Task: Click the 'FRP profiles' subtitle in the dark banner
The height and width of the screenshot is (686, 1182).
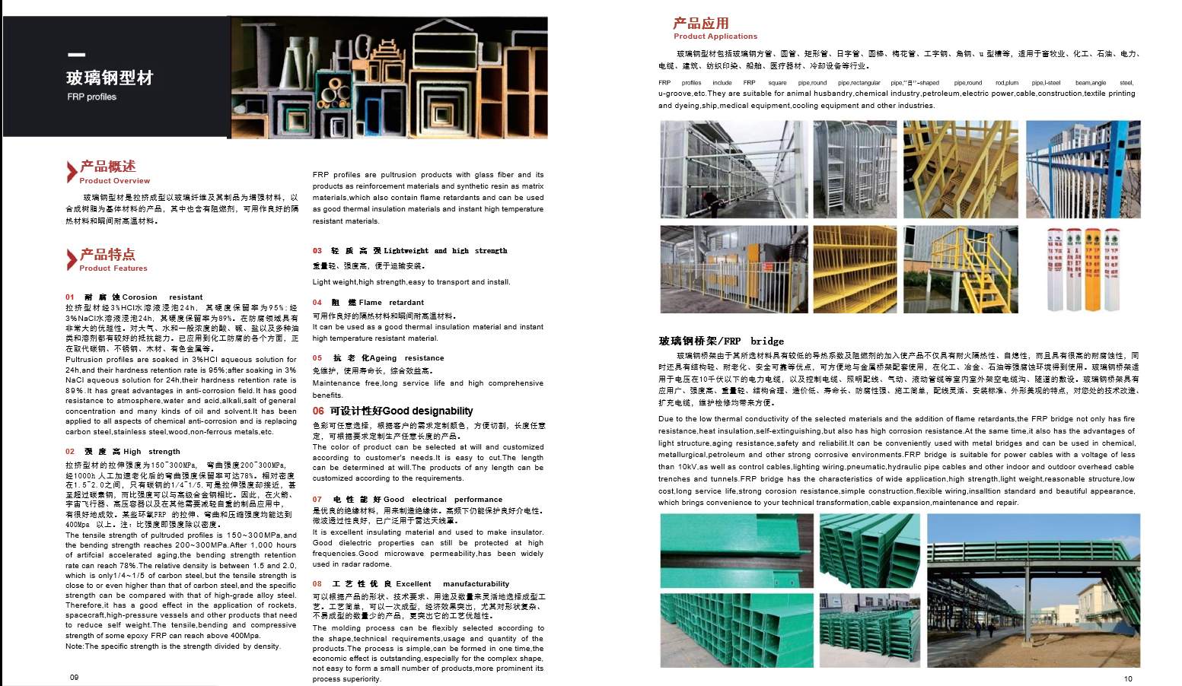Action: pyautogui.click(x=91, y=97)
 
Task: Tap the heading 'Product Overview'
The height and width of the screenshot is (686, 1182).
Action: pyautogui.click(x=114, y=181)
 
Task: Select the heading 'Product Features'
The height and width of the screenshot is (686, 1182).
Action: pyautogui.click(x=113, y=268)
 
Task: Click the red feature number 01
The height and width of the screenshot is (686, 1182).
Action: pyautogui.click(x=70, y=297)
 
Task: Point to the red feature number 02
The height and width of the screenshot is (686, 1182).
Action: pyautogui.click(x=70, y=452)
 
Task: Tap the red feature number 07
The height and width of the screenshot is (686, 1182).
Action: pyautogui.click(x=317, y=500)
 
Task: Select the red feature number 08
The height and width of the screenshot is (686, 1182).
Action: pyautogui.click(x=317, y=584)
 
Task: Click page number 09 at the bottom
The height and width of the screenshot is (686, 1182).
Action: pyautogui.click(x=74, y=677)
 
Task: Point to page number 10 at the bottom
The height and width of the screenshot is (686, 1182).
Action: pyautogui.click(x=1128, y=678)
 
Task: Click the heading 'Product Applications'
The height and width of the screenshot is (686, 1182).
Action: pyautogui.click(x=715, y=37)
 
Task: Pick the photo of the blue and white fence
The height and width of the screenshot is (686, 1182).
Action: pyautogui.click(x=1082, y=170)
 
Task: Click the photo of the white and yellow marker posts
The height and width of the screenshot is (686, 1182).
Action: pyautogui.click(x=1082, y=269)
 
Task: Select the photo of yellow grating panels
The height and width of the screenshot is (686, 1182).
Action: pyautogui.click(x=855, y=269)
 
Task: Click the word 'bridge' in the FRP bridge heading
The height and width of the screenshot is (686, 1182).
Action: pyautogui.click(x=766, y=341)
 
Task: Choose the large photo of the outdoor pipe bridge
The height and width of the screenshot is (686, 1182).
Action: pyautogui.click(x=1033, y=591)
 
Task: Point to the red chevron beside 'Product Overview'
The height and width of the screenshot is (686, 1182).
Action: pyautogui.click(x=72, y=171)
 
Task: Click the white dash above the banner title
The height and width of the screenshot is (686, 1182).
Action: pyautogui.click(x=76, y=55)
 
